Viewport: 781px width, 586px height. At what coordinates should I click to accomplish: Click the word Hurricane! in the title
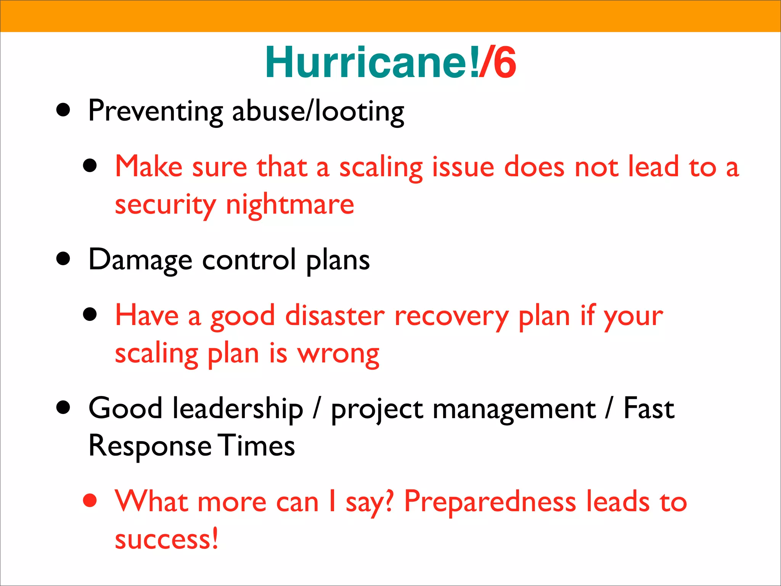[372, 62]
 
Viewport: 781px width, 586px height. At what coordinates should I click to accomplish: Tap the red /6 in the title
[498, 62]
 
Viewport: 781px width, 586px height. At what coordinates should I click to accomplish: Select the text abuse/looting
[318, 111]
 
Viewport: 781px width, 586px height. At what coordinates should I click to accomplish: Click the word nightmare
[290, 205]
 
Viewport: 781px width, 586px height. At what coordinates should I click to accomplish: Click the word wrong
[338, 354]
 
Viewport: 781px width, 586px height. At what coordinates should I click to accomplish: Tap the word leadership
[238, 409]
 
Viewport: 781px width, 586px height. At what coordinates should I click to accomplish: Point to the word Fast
[649, 409]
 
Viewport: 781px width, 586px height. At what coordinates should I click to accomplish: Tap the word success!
[167, 539]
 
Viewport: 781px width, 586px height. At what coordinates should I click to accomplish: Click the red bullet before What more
[90, 501]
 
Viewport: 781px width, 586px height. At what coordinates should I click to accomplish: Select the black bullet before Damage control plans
[63, 259]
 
